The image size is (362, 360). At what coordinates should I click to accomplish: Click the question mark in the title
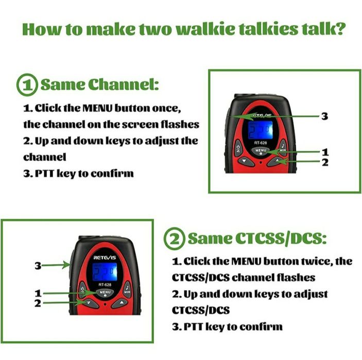tap(339, 29)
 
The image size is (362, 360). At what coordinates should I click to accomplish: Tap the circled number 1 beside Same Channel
tap(27, 85)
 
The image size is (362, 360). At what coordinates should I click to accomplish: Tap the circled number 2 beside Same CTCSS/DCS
tap(175, 239)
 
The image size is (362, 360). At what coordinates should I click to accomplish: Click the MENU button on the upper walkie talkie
tap(261, 151)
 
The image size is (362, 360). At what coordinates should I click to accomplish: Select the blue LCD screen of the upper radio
tap(260, 130)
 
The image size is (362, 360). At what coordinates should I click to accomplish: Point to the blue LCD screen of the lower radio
tap(105, 272)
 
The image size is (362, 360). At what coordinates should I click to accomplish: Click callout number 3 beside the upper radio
tap(324, 116)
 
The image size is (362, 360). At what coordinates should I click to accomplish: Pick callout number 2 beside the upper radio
tap(325, 163)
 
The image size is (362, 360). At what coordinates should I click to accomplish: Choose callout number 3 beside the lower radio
tap(38, 266)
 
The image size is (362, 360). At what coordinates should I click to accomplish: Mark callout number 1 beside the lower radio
tap(38, 293)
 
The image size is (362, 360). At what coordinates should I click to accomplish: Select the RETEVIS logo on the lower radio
tap(105, 257)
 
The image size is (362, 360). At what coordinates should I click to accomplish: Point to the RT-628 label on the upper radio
tap(261, 143)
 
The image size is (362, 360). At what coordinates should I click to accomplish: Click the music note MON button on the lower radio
tap(127, 290)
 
